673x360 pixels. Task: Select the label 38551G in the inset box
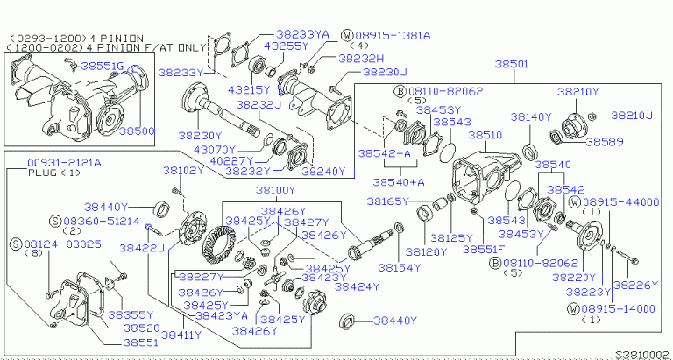click(103, 66)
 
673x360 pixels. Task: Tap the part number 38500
click(136, 131)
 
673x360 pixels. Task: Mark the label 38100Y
click(275, 189)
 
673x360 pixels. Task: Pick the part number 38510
click(485, 136)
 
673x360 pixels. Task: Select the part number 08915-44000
click(625, 201)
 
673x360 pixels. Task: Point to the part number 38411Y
click(178, 334)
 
